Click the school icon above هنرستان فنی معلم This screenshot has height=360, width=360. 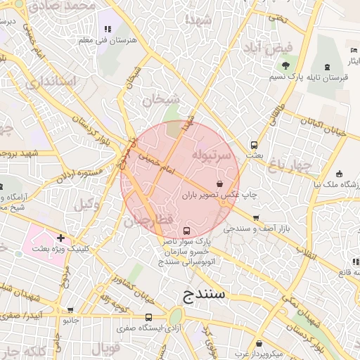pos(108,30)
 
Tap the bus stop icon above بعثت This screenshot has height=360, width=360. pos(254,146)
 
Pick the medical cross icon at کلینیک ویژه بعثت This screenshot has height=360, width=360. pos(62,238)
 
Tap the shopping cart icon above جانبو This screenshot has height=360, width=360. pos(70,310)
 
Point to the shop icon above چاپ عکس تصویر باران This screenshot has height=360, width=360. pos(221,183)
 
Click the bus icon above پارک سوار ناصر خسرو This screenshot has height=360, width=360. pos(186,231)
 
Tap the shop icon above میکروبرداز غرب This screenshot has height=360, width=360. pos(261,344)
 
